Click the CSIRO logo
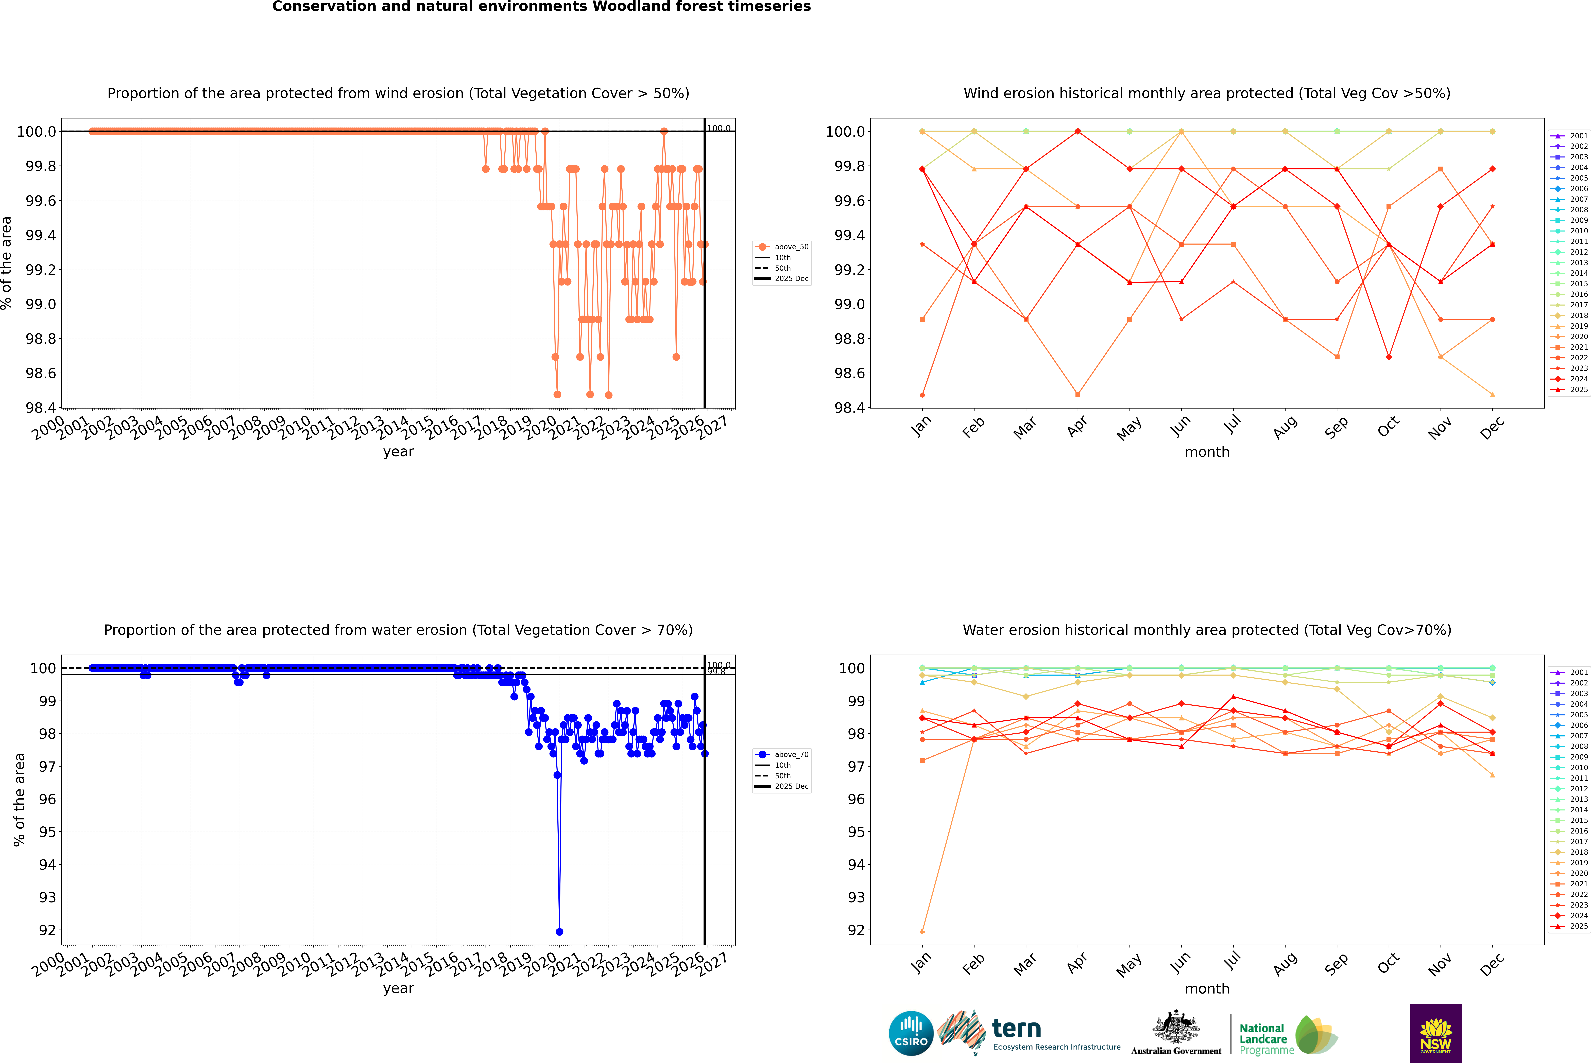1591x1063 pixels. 911,1033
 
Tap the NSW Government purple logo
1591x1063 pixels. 1436,1033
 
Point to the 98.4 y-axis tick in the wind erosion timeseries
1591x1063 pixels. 41,408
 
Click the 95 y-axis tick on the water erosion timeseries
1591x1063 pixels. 47,832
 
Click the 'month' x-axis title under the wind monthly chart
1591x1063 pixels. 1206,452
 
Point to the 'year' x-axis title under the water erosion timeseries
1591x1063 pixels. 398,988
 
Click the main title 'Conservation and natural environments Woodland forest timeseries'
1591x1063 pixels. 541,7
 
